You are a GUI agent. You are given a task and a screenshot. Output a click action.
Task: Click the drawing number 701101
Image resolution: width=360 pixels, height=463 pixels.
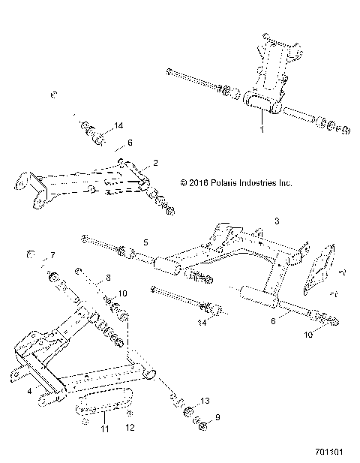[x=331, y=453]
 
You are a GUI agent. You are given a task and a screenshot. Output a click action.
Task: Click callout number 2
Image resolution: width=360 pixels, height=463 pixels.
[x=156, y=162]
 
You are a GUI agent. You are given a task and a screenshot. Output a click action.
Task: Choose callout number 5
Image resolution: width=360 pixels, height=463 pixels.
[x=146, y=242]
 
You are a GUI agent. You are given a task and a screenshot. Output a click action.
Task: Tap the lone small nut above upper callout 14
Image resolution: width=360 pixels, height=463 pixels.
[x=53, y=95]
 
